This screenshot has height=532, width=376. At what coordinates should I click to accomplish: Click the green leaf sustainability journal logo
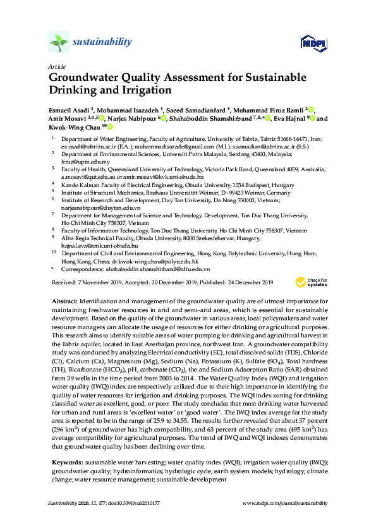pyautogui.click(x=58, y=43)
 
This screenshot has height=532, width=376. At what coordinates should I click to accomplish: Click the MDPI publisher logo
pyautogui.click(x=313, y=43)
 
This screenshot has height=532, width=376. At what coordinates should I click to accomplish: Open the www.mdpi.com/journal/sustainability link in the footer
pyautogui.click(x=285, y=503)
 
